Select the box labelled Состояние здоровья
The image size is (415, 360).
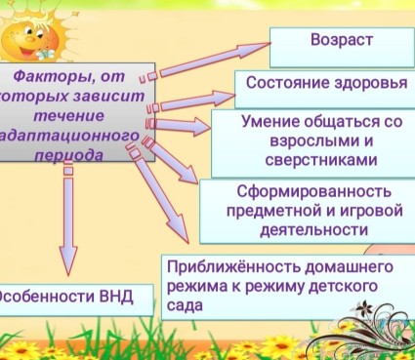325,83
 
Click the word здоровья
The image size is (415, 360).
371,83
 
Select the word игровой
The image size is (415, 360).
371,210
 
